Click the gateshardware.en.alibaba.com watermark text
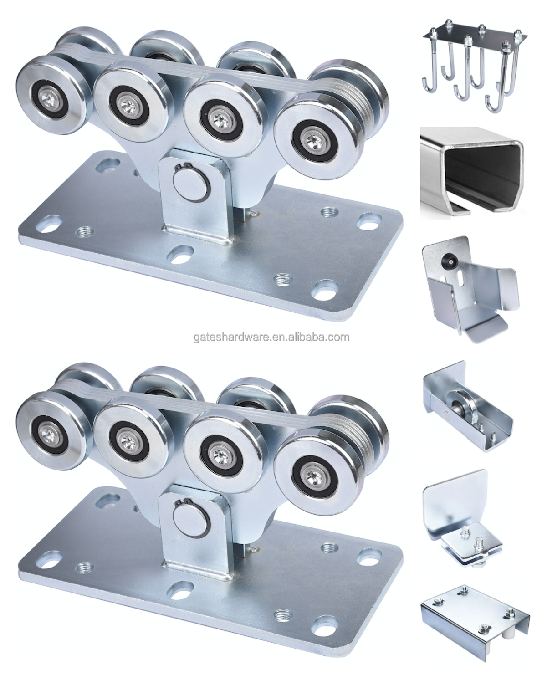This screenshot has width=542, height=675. [271, 337]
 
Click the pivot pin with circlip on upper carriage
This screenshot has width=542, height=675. [191, 188]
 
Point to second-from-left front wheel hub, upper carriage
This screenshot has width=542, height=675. [128, 105]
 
